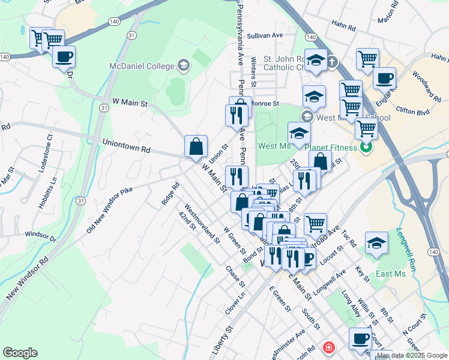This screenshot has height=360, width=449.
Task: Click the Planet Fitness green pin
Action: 366,147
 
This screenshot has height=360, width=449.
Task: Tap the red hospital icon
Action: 328,347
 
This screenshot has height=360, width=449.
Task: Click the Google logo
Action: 20,353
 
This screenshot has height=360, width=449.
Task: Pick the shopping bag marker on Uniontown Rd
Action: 196,146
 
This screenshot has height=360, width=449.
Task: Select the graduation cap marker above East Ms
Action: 376,244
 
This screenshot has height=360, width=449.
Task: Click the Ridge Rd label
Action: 168,194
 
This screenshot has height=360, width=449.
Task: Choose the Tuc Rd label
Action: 351,240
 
